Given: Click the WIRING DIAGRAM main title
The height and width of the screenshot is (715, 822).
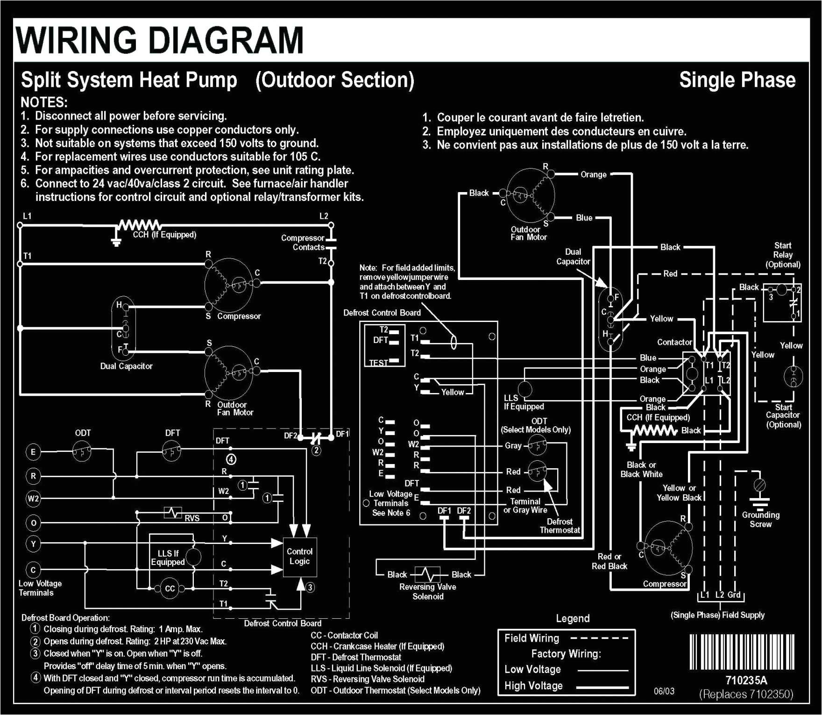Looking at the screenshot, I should [160, 40].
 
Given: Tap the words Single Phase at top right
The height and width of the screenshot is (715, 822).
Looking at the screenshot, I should [737, 80].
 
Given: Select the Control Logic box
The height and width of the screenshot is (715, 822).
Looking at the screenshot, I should [299, 556].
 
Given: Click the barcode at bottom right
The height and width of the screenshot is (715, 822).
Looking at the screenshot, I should [742, 652].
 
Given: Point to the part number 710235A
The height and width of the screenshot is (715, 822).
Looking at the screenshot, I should [746, 680].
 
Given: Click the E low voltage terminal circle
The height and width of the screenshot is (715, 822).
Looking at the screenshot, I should [33, 452].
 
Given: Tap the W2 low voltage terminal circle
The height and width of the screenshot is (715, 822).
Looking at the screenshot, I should [33, 498].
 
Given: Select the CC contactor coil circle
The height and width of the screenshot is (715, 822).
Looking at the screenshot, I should [170, 588].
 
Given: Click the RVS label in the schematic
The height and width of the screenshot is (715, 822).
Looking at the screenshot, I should [192, 518].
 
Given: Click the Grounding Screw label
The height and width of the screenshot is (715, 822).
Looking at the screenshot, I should [760, 519].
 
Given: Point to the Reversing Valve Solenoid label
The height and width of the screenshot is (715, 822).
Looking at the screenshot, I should [427, 592].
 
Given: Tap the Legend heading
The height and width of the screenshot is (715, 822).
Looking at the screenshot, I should [573, 618].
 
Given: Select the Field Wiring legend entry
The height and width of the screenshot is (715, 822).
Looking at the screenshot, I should [531, 638].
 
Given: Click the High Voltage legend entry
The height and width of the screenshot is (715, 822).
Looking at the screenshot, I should [533, 686].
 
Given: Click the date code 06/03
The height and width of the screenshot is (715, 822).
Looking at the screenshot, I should [664, 691].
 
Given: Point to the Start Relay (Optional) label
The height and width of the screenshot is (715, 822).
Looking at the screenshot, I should [783, 255].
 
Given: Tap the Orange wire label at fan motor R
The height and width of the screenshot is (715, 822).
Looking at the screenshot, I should [593, 174].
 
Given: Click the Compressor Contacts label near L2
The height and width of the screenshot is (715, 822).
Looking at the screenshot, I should [303, 243].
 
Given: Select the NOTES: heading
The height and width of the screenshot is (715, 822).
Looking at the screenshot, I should [44, 102].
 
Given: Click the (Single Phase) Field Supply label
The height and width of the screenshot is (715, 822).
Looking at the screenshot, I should [717, 615].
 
